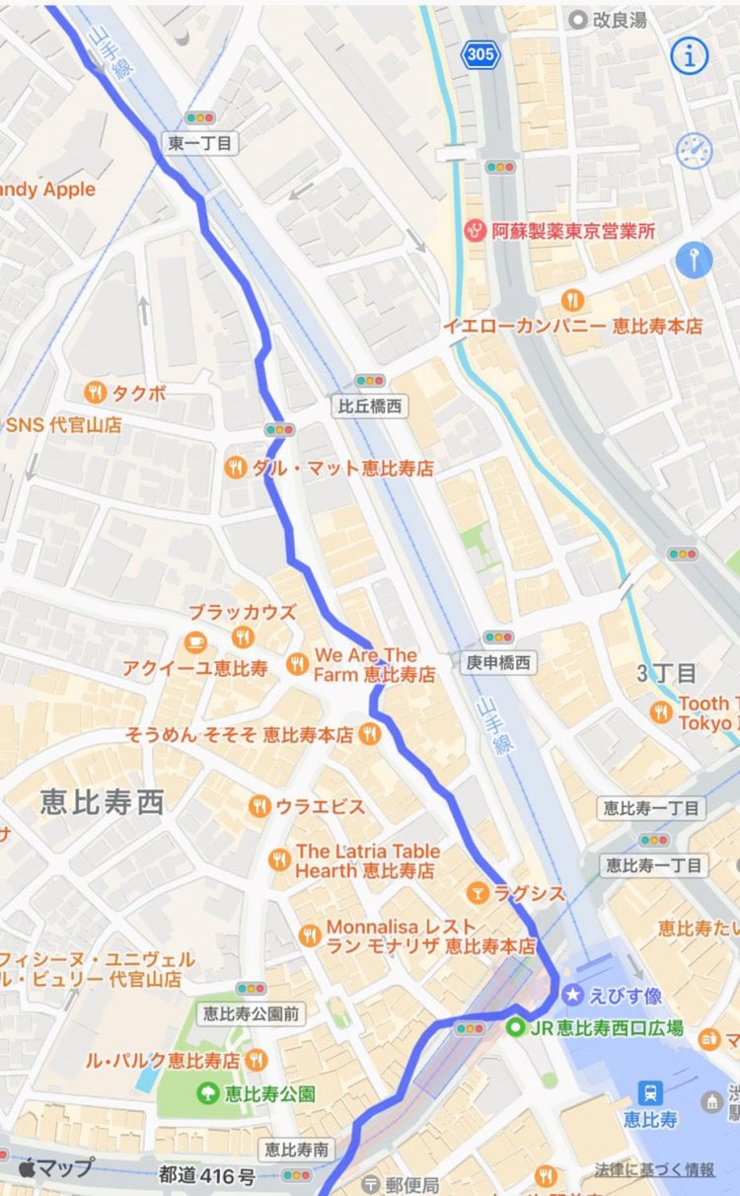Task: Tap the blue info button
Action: click(x=690, y=56)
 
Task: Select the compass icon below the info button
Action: click(x=694, y=150)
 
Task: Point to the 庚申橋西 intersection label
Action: click(x=499, y=663)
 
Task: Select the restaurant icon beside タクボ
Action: click(x=95, y=393)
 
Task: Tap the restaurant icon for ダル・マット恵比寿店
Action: click(x=236, y=468)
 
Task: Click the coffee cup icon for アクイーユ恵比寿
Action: click(x=196, y=639)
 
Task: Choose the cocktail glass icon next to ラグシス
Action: click(x=479, y=893)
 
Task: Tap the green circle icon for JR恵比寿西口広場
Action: click(x=516, y=1028)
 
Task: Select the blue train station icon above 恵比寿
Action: click(x=650, y=1092)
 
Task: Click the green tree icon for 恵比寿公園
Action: click(x=207, y=1092)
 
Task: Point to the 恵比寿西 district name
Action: click(x=102, y=802)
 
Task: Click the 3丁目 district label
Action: click(x=667, y=674)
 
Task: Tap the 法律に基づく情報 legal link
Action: click(x=654, y=1169)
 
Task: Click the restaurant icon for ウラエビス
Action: click(x=259, y=806)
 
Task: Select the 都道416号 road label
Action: click(x=207, y=1175)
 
